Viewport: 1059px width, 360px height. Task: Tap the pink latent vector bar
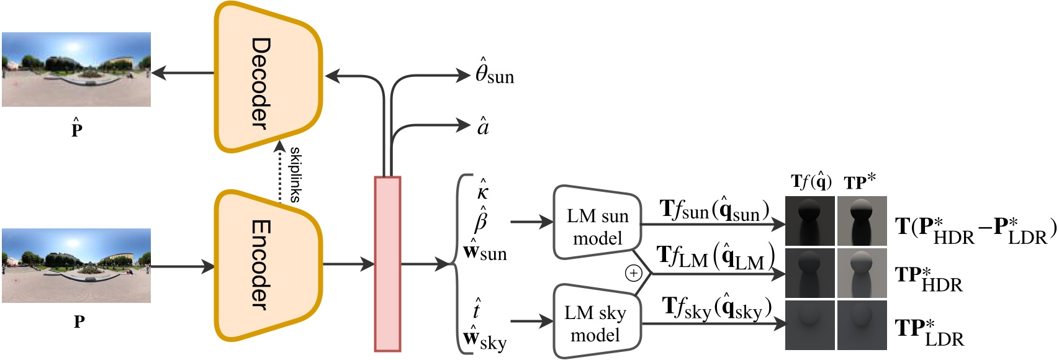tap(387, 264)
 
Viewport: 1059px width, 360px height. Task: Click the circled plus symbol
tap(633, 273)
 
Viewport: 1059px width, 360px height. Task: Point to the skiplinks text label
tap(295, 174)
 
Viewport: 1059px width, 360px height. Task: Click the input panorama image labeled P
tap(76, 265)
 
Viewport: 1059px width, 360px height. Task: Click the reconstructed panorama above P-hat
tap(76, 69)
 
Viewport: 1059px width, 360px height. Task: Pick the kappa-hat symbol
tap(482, 191)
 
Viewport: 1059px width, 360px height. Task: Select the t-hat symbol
tap(477, 308)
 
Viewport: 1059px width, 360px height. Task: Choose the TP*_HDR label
tap(928, 279)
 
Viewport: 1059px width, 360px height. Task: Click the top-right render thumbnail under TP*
tap(862, 221)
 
